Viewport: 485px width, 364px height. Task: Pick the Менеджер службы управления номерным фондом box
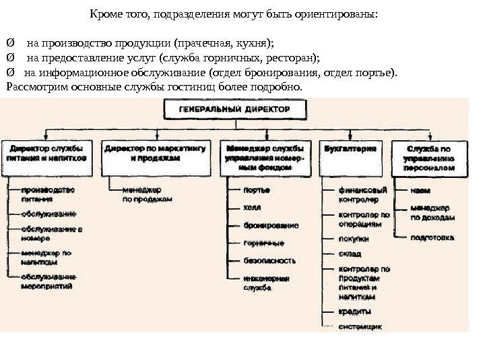pos(265,156)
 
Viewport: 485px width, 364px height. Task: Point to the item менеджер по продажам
pos(148,195)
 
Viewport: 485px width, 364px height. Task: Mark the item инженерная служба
pos(266,282)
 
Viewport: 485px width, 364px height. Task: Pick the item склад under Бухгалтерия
pos(350,254)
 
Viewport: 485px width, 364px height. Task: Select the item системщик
pos(360,328)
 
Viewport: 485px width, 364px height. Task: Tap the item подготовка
pos(432,237)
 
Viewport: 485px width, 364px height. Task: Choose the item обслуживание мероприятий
pos(48,282)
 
